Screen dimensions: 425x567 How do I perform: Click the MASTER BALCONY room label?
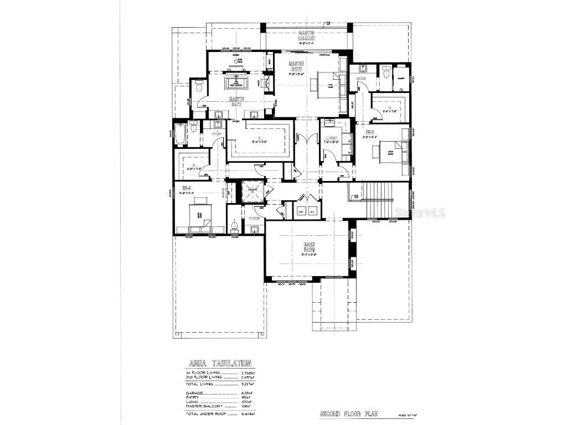[306, 36]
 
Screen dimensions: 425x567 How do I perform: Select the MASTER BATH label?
[237, 101]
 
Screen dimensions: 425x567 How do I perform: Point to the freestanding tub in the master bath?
[238, 83]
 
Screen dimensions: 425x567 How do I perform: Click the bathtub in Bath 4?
[180, 133]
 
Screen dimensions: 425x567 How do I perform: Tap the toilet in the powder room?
[234, 226]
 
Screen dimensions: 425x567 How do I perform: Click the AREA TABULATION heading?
[220, 364]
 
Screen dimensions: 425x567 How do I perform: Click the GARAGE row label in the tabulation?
[195, 392]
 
